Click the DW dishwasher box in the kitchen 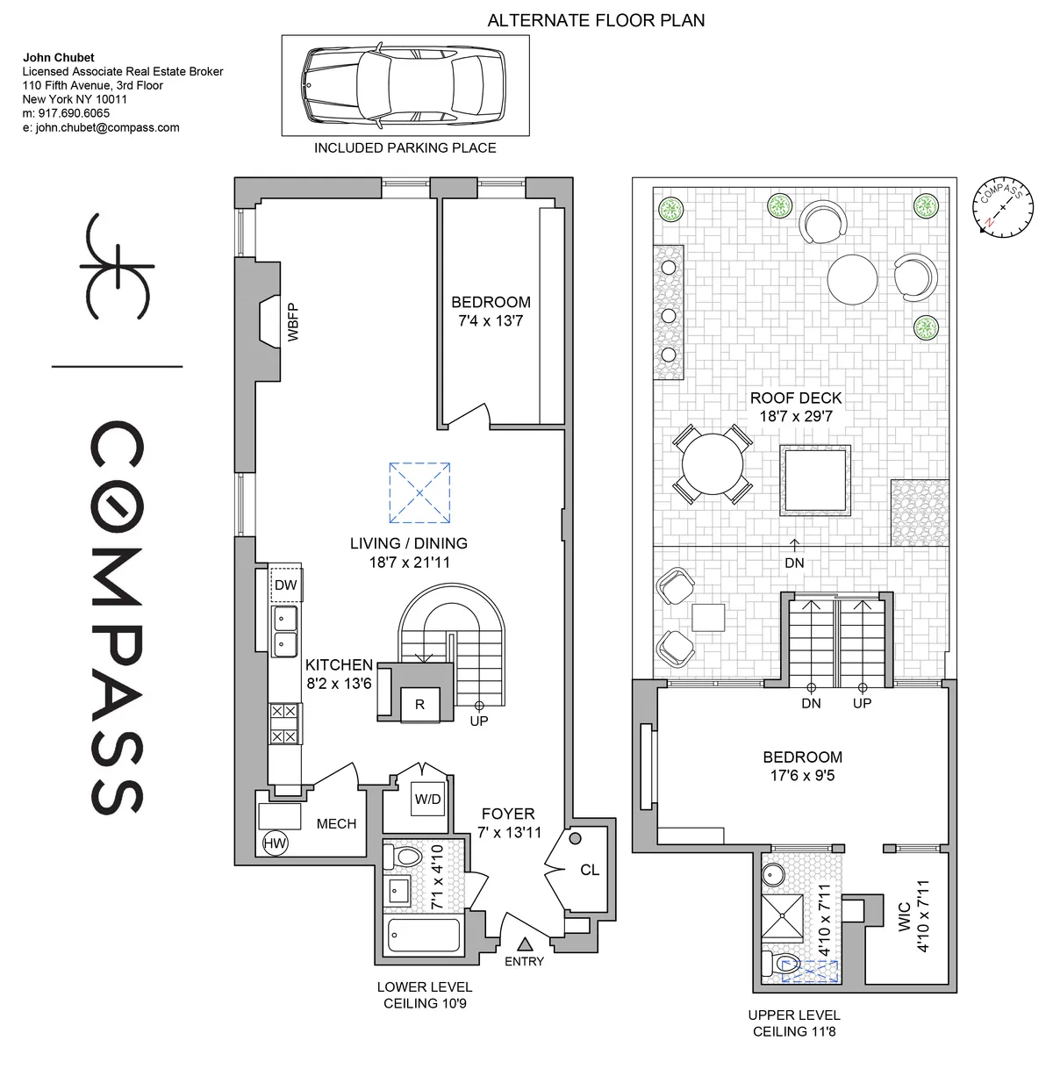pyautogui.click(x=286, y=585)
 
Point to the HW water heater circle pyautogui.click(x=275, y=843)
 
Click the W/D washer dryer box pyautogui.click(x=427, y=800)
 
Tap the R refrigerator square pyautogui.click(x=419, y=704)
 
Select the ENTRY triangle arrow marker pyautogui.click(x=525, y=944)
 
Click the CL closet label pyautogui.click(x=590, y=870)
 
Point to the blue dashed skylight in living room pyautogui.click(x=419, y=492)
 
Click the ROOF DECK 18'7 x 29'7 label pyautogui.click(x=795, y=407)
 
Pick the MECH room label pyautogui.click(x=336, y=823)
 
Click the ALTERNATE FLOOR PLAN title pyautogui.click(x=596, y=19)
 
